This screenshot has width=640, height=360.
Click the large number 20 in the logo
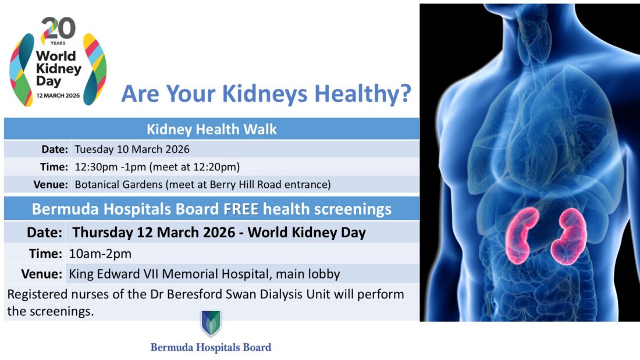[x=58, y=28]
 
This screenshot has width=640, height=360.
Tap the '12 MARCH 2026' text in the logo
[x=58, y=95]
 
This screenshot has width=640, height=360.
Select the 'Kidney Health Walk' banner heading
[x=211, y=129]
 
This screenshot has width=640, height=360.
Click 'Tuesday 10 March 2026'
[x=132, y=149]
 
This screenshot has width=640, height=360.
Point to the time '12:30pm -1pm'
[x=110, y=167]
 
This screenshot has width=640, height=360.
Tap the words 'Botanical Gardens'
[x=118, y=184]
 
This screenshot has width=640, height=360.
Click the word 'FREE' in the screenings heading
[x=241, y=209]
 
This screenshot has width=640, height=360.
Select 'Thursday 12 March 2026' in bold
[x=154, y=233]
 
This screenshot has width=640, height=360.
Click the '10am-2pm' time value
[x=100, y=254]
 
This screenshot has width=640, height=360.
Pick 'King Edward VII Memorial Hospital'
[x=168, y=274]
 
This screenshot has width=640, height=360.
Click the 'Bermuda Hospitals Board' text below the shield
[x=211, y=347]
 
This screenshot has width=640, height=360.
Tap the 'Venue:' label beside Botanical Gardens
[x=51, y=185]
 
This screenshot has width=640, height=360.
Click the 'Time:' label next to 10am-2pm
[x=45, y=254]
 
